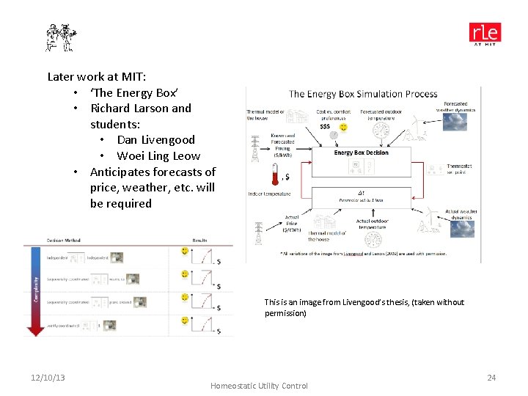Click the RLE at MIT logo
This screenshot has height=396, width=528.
[485, 34]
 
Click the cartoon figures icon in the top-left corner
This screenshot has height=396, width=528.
[61, 37]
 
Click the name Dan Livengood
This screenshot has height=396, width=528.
[155, 139]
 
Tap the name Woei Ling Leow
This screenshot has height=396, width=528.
[158, 155]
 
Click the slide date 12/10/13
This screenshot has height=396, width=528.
[48, 378]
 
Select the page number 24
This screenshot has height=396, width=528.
[491, 378]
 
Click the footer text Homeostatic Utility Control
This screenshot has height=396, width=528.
[259, 386]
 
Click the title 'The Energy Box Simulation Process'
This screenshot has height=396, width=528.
[363, 94]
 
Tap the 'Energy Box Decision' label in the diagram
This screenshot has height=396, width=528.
[361, 153]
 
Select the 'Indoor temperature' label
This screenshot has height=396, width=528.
[268, 194]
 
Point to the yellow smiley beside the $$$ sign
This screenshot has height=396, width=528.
[342, 127]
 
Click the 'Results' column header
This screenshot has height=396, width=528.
[199, 240]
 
